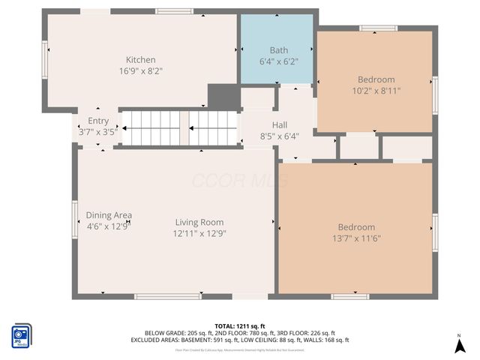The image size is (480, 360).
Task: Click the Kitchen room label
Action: point(140,60)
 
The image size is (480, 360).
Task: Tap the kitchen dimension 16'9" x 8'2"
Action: point(140,71)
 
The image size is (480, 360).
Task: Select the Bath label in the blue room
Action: point(278,50)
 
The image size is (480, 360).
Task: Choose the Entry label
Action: point(98,121)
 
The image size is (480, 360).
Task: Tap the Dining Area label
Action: point(109,215)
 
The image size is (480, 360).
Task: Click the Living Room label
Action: point(199,222)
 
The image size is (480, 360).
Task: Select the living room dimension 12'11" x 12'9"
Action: point(199,233)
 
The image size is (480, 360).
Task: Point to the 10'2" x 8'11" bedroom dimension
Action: point(376,91)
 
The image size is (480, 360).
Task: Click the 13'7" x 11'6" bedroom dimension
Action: point(356,238)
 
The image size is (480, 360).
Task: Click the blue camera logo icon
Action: point(21,335)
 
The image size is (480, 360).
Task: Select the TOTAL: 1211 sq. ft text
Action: point(239,326)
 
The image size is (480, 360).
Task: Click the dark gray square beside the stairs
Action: point(222,97)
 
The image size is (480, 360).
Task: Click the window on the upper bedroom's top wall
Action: point(378,28)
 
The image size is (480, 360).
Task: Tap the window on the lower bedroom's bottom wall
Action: point(349,296)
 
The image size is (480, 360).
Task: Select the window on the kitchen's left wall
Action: point(46,59)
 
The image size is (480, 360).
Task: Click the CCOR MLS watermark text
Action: point(239,181)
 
